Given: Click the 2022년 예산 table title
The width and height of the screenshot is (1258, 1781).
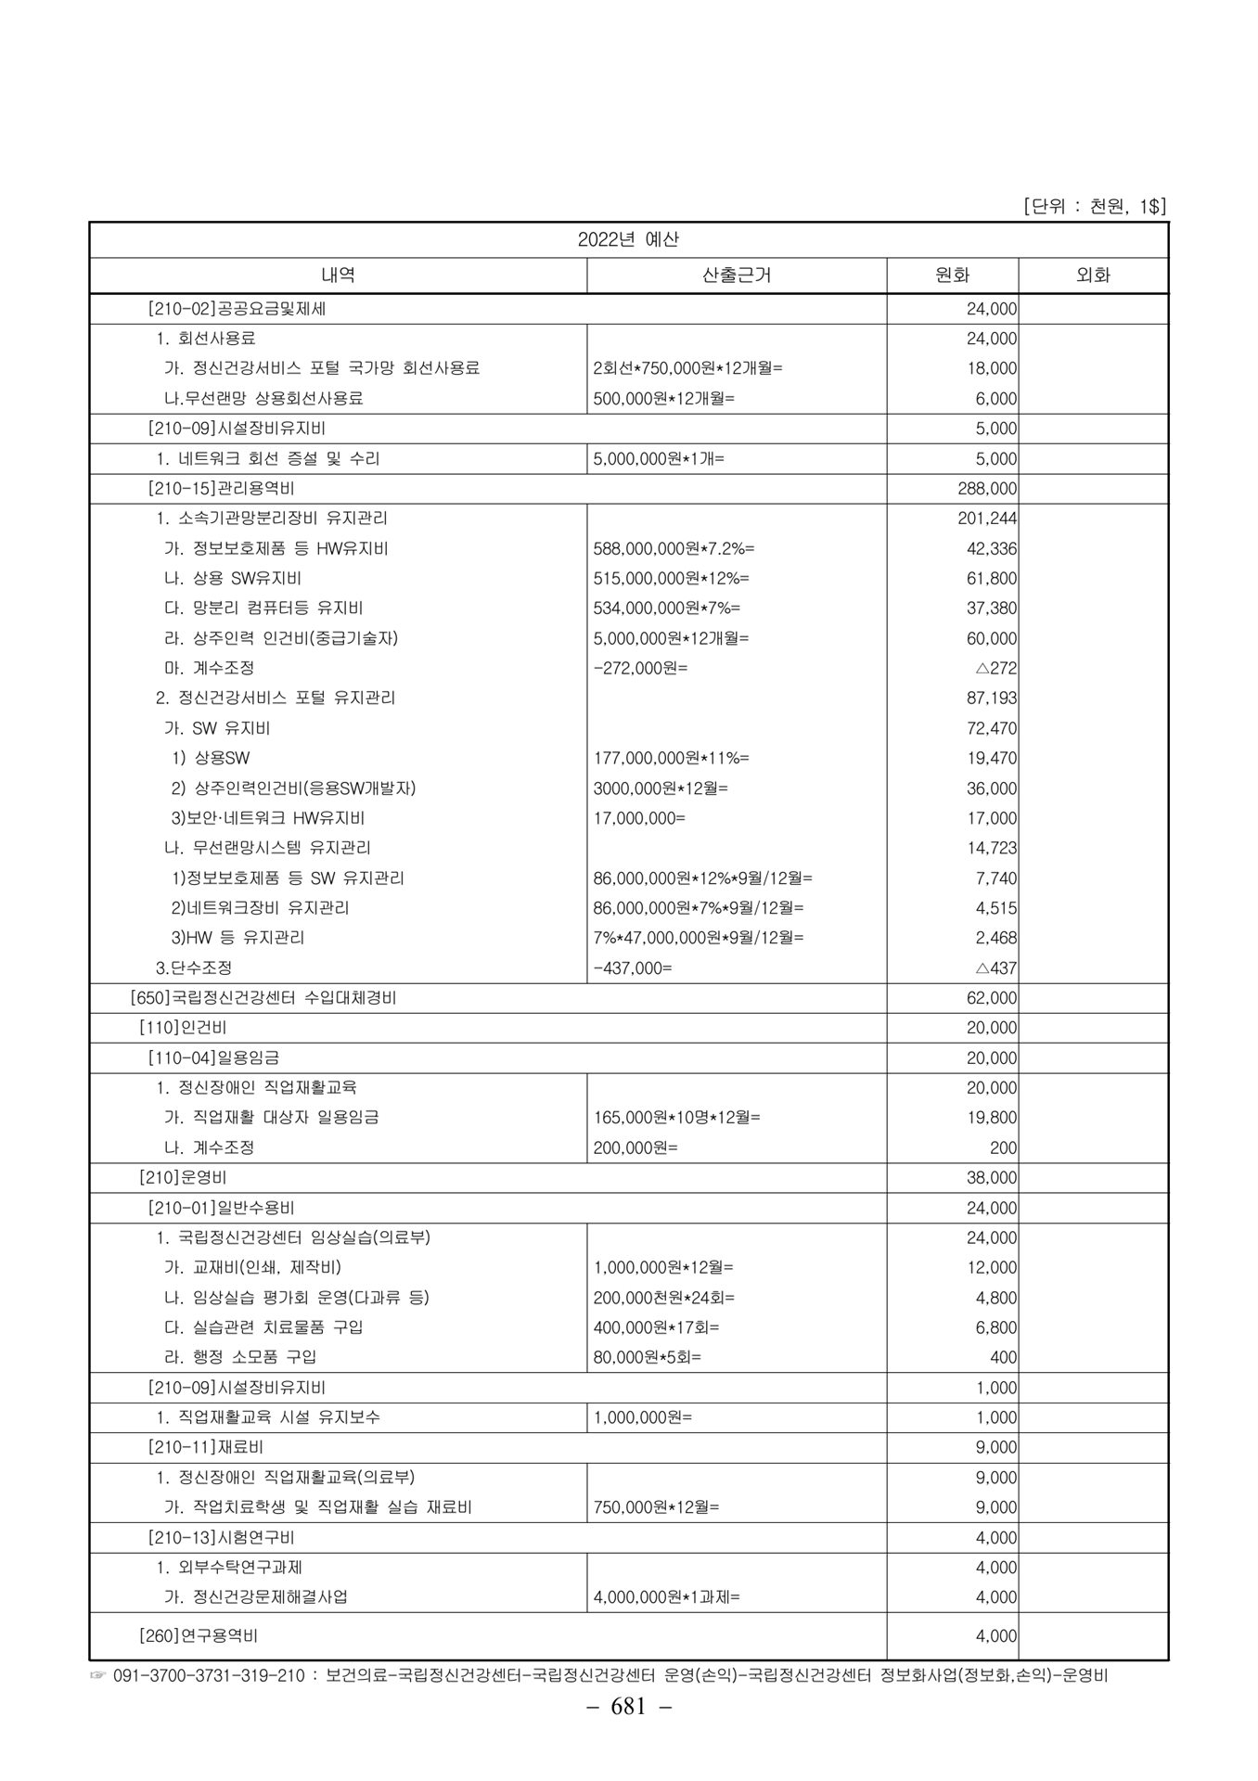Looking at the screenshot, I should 628,239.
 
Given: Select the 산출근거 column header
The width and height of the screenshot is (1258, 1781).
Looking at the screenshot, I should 737,275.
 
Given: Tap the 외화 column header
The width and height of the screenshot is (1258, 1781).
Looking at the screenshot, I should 1092,275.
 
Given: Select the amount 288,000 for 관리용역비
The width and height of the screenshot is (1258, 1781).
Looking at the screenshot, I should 987,489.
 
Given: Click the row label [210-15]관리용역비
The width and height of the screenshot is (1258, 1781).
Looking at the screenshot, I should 221,489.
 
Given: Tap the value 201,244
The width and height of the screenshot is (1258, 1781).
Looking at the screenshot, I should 987,519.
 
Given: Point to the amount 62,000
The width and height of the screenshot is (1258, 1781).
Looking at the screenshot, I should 991,998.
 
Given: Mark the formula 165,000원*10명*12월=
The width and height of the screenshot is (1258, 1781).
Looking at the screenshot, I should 676,1118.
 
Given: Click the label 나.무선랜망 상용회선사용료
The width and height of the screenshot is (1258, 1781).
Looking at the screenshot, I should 263,399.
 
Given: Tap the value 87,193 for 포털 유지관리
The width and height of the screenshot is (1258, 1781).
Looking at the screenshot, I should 991,698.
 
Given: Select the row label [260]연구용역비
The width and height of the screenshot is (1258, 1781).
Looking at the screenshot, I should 204,1637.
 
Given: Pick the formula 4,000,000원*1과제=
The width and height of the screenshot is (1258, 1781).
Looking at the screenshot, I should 666,1597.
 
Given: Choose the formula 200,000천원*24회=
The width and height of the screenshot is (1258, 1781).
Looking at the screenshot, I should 663,1298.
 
